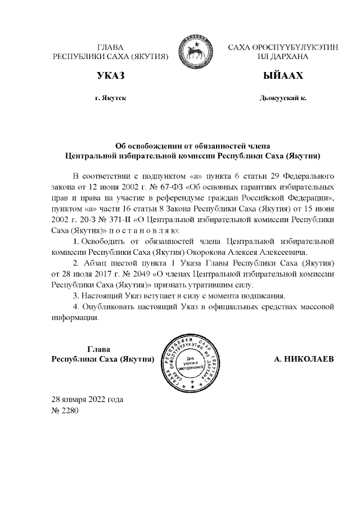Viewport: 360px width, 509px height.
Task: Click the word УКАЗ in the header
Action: click(110, 76)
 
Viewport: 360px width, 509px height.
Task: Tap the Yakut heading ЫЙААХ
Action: click(282, 76)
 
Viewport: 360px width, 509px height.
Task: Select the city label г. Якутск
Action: click(110, 98)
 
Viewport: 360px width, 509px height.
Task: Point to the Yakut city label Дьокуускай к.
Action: click(283, 98)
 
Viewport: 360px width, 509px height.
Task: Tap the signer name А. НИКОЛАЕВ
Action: click(304, 358)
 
